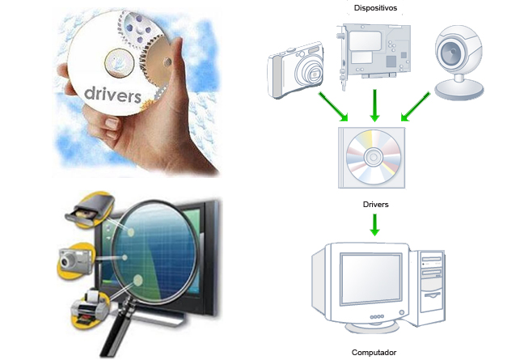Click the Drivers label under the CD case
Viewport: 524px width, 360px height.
[x=375, y=205]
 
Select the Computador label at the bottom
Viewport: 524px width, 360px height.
[x=375, y=353]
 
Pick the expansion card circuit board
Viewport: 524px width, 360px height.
[x=373, y=52]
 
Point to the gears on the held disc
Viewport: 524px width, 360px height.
[x=146, y=40]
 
